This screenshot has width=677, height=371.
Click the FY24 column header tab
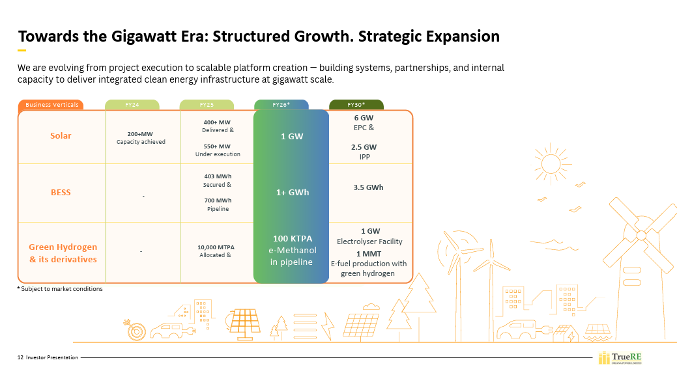pyautogui.click(x=132, y=105)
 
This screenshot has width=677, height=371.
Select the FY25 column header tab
pyautogui.click(x=207, y=105)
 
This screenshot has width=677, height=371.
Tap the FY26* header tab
pyautogui.click(x=281, y=105)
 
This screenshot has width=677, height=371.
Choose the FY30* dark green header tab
pyautogui.click(x=356, y=105)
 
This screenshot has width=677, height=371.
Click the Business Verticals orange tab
pyautogui.click(x=51, y=105)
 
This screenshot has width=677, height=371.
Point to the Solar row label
pyautogui.click(x=61, y=136)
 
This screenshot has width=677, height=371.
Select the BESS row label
pyautogui.click(x=61, y=193)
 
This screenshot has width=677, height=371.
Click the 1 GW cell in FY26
pyautogui.click(x=291, y=137)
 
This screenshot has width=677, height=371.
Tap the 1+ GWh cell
pyautogui.click(x=291, y=193)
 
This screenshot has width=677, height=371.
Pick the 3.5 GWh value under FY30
pyautogui.click(x=368, y=187)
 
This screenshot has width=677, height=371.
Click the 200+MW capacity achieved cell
pyautogui.click(x=141, y=137)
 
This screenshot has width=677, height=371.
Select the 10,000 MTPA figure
pyautogui.click(x=216, y=247)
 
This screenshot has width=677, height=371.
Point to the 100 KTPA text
pyautogui.click(x=293, y=239)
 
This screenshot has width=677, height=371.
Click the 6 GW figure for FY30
pyautogui.click(x=364, y=118)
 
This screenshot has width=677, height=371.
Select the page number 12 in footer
pyautogui.click(x=20, y=357)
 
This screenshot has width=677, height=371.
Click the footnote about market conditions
pyautogui.click(x=60, y=289)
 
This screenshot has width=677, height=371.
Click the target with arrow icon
pyautogui.click(x=136, y=331)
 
